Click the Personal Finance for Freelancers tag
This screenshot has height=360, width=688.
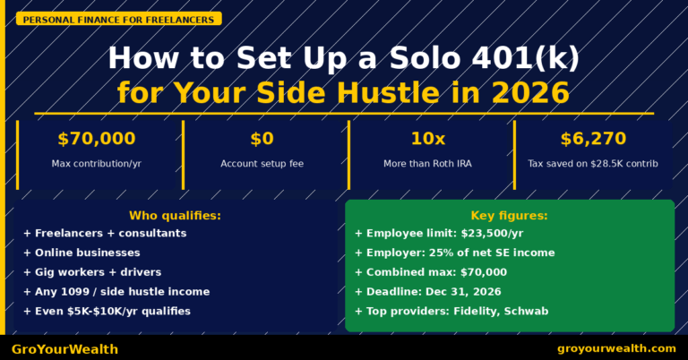[117, 19]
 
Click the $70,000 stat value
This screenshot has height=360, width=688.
[96, 139]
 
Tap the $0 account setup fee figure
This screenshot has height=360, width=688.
[262, 139]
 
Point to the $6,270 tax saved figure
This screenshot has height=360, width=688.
[593, 139]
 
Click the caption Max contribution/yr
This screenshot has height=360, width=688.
[96, 164]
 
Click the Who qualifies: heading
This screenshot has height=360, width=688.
[175, 216]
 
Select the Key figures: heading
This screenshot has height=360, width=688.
[509, 216]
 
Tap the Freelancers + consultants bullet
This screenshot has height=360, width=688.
[105, 234]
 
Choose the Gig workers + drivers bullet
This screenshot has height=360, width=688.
[92, 272]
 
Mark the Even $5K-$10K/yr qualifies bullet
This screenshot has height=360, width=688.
[107, 311]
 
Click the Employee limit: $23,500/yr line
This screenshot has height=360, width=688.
[438, 234]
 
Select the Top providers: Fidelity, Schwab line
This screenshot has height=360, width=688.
[451, 311]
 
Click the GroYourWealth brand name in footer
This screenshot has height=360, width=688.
[64, 348]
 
